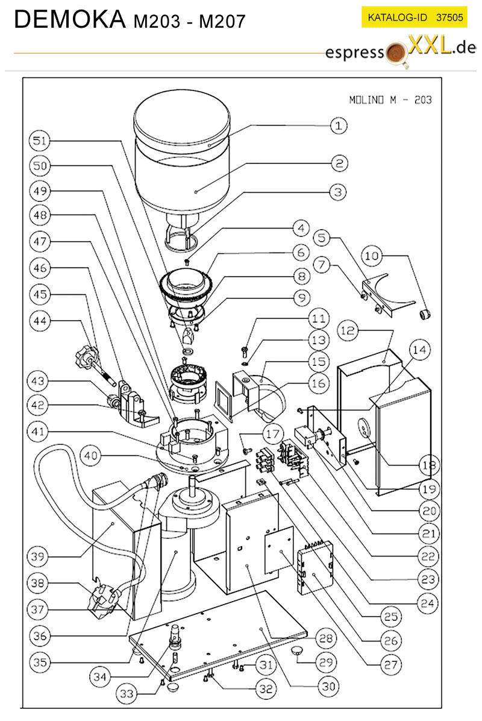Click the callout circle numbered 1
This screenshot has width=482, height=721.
pos(339,125)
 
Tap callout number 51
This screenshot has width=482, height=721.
pos(40,140)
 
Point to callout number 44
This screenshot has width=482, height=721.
pos(40,321)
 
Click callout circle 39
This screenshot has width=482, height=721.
pos(38,556)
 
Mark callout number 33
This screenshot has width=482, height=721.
pos(127,693)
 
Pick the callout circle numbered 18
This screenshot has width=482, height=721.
pos(429,465)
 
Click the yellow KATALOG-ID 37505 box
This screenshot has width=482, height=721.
pos(415,17)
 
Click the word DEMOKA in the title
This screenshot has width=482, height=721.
pos(70,19)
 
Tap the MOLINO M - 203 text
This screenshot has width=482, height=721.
pos(390,100)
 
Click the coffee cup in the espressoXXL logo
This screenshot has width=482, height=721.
pos(396,54)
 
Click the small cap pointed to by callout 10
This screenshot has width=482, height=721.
pos(425,315)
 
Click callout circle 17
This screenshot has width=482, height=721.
pos(272,434)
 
